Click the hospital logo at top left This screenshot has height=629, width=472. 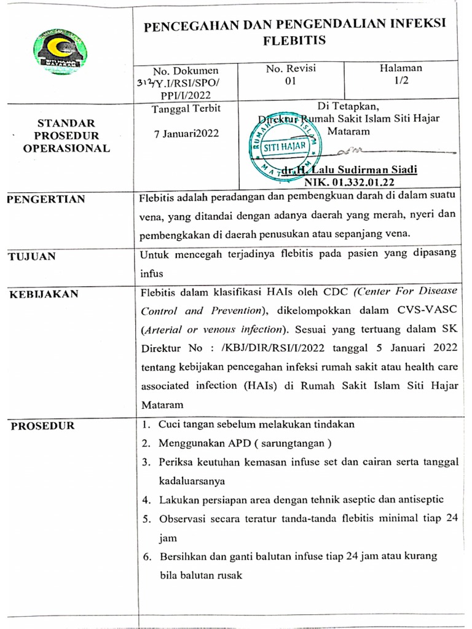[x=59, y=52]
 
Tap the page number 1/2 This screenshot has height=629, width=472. [x=400, y=81]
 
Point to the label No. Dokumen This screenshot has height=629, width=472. [x=186, y=71]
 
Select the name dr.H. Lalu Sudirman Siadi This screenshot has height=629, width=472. [x=349, y=170]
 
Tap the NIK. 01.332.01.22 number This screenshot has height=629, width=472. [x=349, y=182]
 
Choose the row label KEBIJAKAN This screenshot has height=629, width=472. [x=44, y=294]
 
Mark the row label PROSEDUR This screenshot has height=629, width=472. [x=42, y=426]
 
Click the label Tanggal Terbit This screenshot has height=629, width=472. [x=186, y=109]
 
